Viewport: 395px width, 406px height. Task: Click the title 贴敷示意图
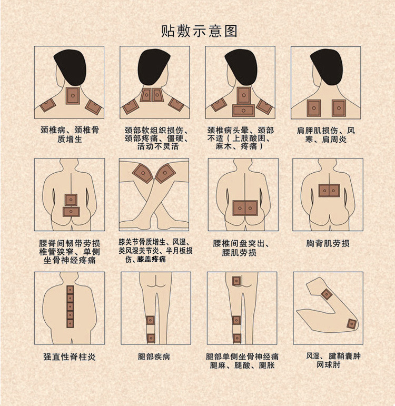click(199, 31)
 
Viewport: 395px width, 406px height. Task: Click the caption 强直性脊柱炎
click(69, 357)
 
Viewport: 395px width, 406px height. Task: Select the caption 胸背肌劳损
click(328, 243)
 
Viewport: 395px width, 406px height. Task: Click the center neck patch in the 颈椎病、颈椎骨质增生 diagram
click(72, 96)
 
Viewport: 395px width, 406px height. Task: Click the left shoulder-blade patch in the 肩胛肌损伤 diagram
click(314, 107)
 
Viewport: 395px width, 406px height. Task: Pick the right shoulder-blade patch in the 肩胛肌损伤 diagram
click(339, 107)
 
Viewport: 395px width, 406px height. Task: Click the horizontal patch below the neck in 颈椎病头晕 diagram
click(243, 110)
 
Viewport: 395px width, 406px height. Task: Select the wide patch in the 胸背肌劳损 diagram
click(329, 190)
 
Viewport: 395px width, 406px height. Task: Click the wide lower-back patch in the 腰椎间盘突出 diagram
click(245, 208)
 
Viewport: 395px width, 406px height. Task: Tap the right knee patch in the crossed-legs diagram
click(165, 173)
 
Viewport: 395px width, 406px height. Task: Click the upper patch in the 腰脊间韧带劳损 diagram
click(71, 200)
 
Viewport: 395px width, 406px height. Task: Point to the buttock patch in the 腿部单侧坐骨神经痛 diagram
click(236, 282)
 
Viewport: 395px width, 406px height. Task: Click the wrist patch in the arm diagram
click(351, 324)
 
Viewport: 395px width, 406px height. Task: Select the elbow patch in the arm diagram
click(327, 294)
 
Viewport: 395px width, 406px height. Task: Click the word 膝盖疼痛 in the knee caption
click(152, 260)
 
